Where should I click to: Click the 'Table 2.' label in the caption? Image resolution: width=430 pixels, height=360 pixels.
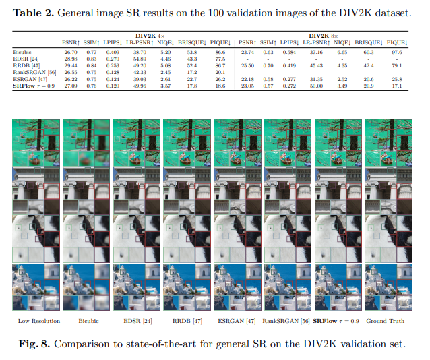click(35, 12)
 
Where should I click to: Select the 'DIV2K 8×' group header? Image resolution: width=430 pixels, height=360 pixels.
click(323, 34)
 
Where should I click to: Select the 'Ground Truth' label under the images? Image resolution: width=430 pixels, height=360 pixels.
click(386, 321)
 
